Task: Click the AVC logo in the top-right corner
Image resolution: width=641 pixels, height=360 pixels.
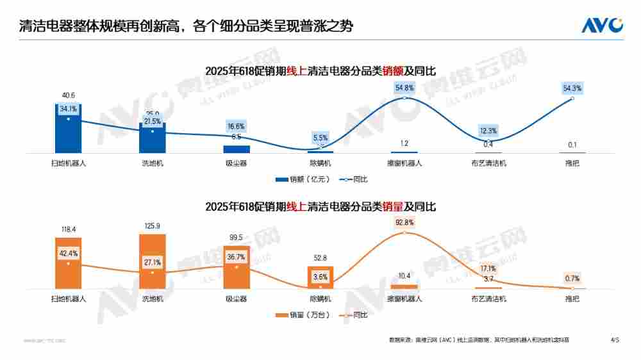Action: tap(602, 25)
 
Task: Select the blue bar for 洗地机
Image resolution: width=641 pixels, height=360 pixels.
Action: tap(153, 142)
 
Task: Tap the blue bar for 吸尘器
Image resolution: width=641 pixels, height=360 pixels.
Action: tap(237, 149)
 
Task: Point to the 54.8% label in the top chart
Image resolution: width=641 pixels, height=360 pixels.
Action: tap(404, 87)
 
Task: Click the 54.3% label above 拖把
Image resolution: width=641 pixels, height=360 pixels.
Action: tap(572, 88)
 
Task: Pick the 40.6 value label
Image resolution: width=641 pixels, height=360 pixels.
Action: tap(69, 95)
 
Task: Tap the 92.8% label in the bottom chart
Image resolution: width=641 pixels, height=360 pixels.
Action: tap(404, 222)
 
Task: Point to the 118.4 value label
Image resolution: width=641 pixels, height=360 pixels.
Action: tap(69, 229)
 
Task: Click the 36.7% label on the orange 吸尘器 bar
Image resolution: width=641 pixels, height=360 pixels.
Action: tap(237, 256)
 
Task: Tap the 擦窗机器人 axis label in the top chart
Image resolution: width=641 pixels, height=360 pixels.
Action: tap(404, 163)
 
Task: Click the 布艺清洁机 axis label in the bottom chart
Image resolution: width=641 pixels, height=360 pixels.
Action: tap(488, 299)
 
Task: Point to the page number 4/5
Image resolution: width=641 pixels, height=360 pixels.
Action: tap(615, 340)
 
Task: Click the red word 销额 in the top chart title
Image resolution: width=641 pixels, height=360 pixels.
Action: tap(393, 71)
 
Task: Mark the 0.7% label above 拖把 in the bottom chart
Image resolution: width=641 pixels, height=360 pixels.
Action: tap(572, 279)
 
